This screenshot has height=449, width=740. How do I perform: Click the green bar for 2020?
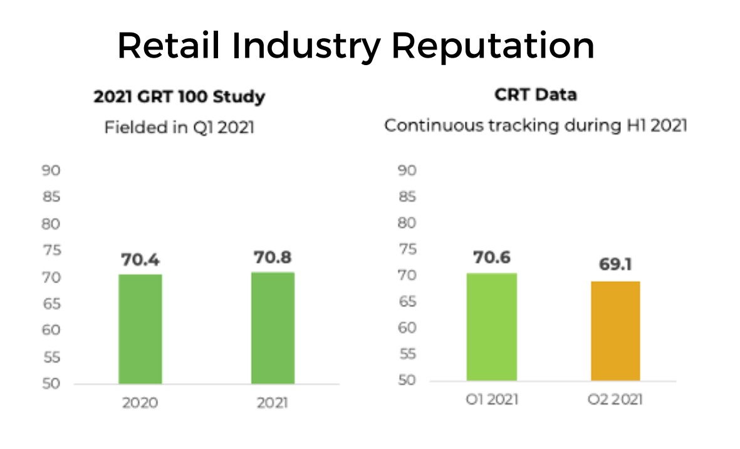(140, 329)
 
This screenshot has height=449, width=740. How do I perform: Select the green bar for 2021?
(273, 328)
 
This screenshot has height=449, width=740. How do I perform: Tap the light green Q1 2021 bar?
(492, 327)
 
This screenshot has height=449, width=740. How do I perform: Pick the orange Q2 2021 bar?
(615, 331)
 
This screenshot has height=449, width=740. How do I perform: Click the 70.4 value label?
(140, 259)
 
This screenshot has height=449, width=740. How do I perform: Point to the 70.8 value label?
(273, 257)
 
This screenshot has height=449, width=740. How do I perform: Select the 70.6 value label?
(492, 257)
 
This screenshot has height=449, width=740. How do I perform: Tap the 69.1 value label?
(615, 264)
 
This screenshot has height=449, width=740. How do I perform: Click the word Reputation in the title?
(492, 46)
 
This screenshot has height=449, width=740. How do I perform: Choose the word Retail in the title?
(169, 45)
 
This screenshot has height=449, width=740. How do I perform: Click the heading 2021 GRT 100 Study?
(179, 96)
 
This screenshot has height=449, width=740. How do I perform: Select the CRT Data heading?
(536, 95)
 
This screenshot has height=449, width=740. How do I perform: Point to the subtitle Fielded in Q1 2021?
(179, 127)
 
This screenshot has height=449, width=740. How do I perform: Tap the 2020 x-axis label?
(140, 402)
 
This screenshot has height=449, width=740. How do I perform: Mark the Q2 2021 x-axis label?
(615, 400)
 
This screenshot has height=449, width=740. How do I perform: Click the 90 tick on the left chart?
(51, 170)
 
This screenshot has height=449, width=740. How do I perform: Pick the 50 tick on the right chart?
(407, 379)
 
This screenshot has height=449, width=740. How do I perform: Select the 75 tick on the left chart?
(51, 250)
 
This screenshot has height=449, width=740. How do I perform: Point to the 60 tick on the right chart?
(407, 328)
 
